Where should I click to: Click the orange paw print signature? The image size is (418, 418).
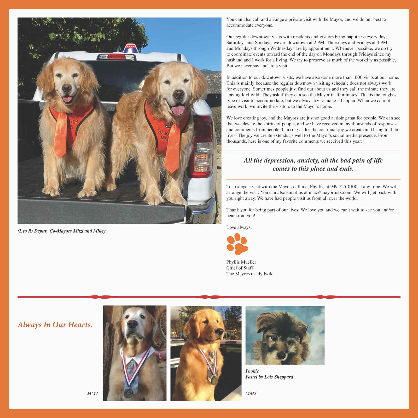coord(237,244)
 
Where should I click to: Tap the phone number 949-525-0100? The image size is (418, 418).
coord(344,187)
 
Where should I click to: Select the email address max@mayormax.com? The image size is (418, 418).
coord(330,193)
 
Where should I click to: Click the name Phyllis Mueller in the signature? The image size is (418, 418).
coord(241,262)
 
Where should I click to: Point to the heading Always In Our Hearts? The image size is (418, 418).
coord(55,325)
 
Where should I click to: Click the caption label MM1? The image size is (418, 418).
coord(92,393)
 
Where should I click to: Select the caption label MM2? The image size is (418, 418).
coord(251,393)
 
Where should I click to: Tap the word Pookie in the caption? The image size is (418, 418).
coord(252,371)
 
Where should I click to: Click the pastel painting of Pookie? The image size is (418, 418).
coord(285,335)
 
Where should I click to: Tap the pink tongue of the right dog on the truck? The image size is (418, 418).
coord(178,110)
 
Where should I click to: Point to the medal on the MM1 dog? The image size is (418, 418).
coord(128,393)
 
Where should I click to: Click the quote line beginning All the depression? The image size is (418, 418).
coord(313,160)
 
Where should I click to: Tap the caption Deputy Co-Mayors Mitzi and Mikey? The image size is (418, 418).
coord(62,231)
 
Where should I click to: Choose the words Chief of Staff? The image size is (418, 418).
coord(240,268)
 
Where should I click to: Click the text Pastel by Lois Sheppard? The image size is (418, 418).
coord(269,377)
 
